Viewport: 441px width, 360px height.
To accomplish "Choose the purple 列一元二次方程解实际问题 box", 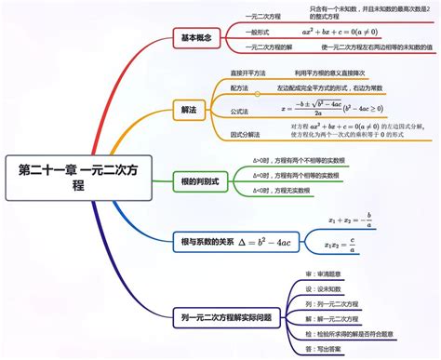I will [x=227, y=317].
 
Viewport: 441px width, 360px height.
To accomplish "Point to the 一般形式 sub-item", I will [x=258, y=32].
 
